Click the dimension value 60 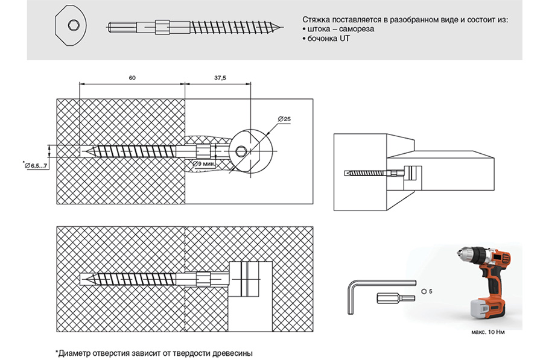132,78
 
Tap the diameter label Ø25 284,119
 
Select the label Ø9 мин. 205,163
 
